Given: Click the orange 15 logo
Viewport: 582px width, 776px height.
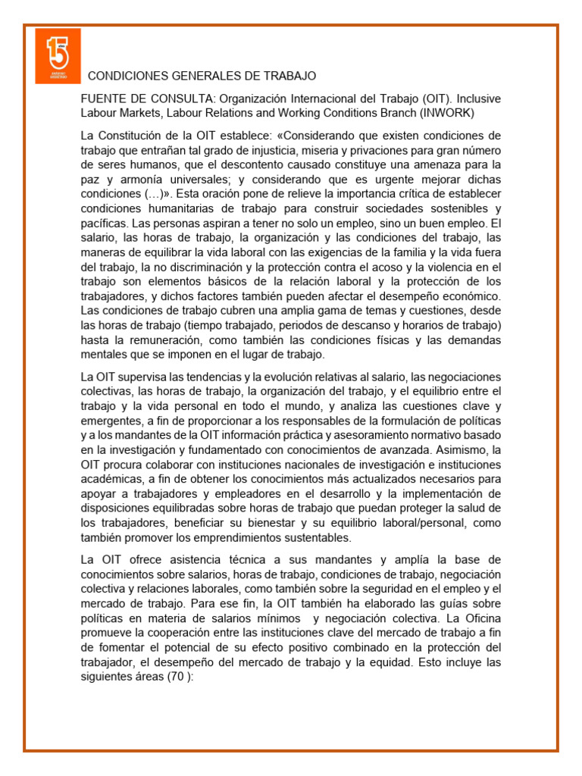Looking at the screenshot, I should pos(58,57).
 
